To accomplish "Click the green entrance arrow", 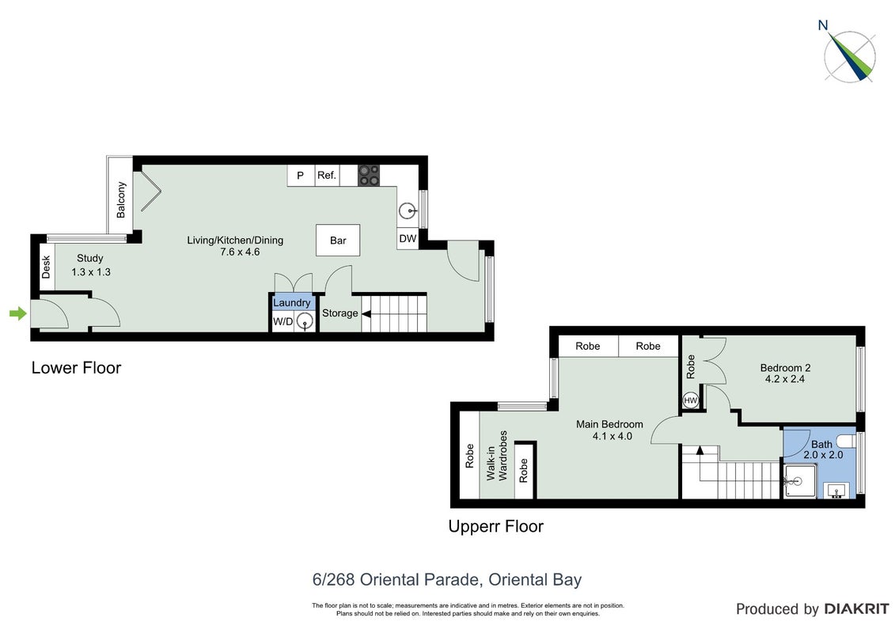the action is point(18,313).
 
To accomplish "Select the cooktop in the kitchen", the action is point(369,175).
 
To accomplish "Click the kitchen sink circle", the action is point(407,211).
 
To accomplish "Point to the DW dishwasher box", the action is point(408,239).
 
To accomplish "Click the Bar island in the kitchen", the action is point(338,241).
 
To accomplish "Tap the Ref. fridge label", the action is point(327,175).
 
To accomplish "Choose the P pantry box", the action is point(301,175).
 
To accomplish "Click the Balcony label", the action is point(121,199).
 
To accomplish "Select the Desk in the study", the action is point(46,267).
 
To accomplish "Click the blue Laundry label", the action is point(292,302).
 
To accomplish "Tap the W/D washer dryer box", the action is point(283,321).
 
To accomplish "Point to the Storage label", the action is point(340,313).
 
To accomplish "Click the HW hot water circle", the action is point(691,400).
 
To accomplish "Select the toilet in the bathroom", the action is point(847,442).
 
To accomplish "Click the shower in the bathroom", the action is point(800,480).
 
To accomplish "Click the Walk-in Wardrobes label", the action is point(497,456).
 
